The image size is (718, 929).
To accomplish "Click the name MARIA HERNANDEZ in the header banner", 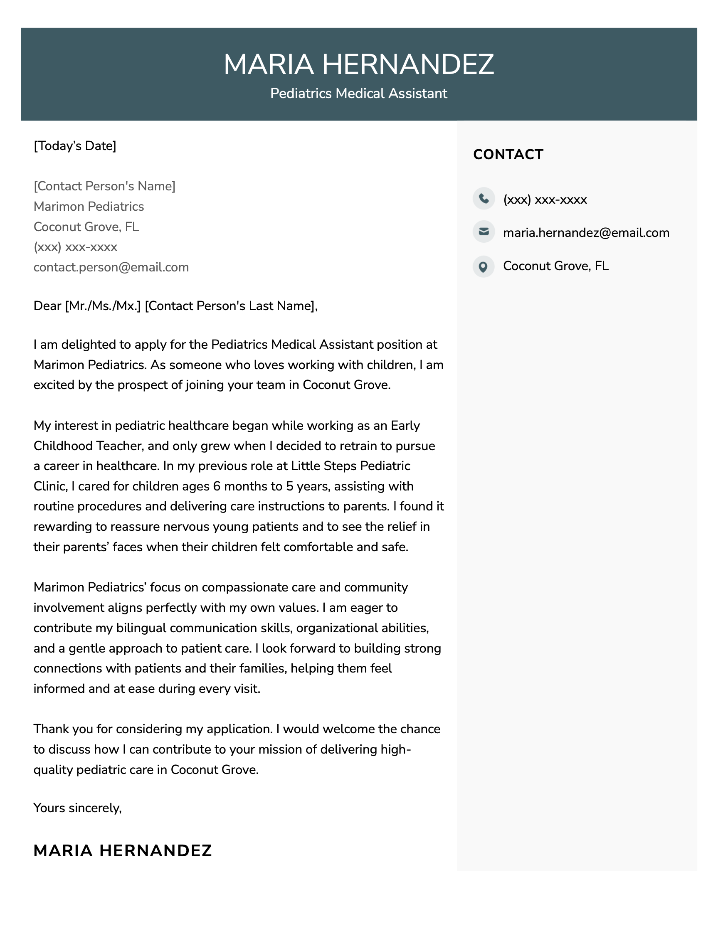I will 358,65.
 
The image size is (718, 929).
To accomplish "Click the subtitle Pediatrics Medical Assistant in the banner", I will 358,94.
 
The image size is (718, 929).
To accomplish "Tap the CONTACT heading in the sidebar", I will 508,154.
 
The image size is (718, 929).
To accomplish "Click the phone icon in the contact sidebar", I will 484,199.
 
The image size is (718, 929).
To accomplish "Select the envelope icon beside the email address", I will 484,232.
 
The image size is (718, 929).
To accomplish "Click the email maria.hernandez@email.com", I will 586,233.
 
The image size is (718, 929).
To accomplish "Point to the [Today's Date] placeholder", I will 75,146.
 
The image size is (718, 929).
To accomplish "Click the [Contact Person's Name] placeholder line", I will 104,186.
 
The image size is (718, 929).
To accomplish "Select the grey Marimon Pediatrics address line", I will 89,207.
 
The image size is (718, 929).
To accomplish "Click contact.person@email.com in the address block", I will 111,268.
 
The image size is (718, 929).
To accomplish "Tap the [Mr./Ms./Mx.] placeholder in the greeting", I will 103,306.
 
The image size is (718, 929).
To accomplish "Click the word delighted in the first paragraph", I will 89,345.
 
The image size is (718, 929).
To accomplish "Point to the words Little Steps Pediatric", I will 350,466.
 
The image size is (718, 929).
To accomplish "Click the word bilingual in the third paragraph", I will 141,628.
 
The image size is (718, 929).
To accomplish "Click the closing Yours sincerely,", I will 77,808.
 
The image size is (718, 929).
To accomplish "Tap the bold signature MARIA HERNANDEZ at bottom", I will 123,851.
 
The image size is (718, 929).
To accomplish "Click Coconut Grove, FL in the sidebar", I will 555,266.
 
